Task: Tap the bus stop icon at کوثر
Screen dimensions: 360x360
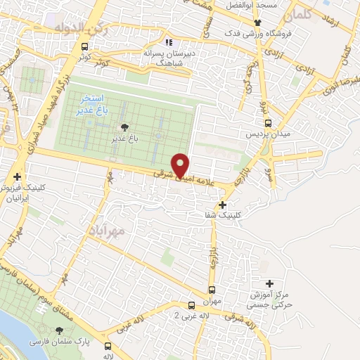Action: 84,47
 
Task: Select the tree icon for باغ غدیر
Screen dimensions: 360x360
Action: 125,127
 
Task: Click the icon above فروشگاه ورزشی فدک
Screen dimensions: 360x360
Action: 257,23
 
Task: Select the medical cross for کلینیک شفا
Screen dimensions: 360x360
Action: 223,205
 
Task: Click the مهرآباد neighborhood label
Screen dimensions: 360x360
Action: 107,230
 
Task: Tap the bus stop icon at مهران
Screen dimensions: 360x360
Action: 212,290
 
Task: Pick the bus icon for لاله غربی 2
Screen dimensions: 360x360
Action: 191,305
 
